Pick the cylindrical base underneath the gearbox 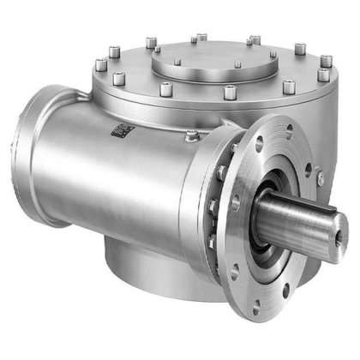click(146, 261)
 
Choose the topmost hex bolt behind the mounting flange click(232, 147)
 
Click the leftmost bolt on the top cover click(100, 63)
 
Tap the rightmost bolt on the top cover click(327, 61)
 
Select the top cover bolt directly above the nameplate click(119, 80)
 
